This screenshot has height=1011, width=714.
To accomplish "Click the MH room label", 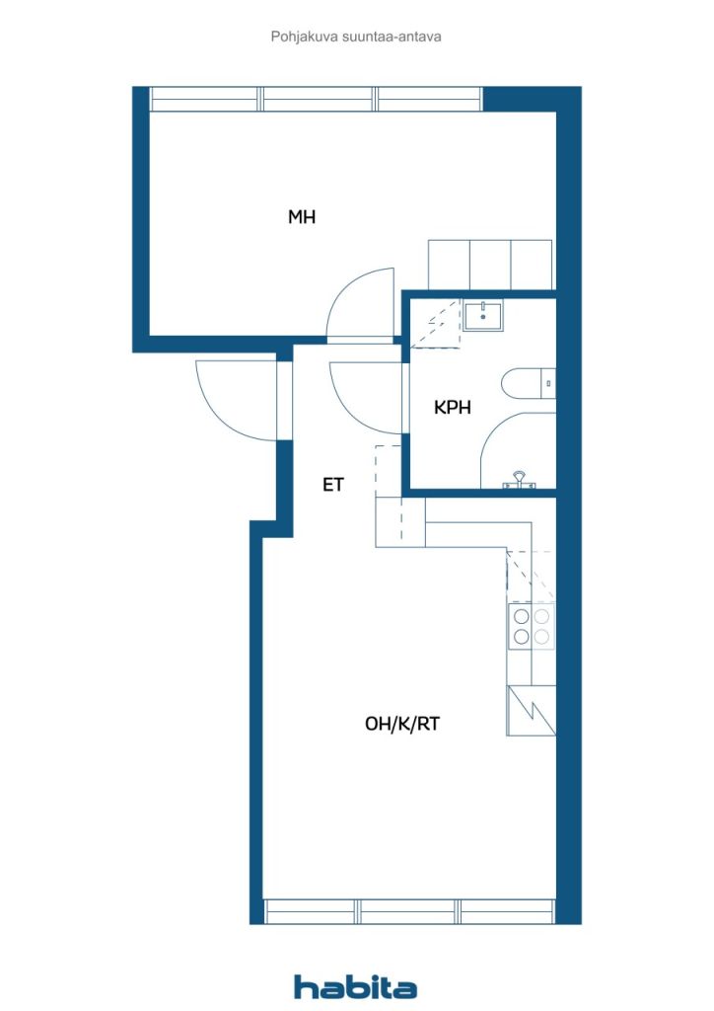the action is tap(302, 216).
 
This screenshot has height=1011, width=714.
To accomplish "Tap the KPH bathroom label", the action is tap(452, 407).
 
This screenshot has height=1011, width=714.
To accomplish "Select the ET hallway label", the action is tap(333, 484).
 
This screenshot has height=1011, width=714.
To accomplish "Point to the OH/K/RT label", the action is tap(402, 724).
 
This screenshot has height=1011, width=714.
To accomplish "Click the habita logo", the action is tap(355, 987).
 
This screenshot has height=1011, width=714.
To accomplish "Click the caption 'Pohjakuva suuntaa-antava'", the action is tap(356, 37).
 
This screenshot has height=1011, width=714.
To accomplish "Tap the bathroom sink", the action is tap(483, 315).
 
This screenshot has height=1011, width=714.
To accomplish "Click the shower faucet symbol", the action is tap(519, 480).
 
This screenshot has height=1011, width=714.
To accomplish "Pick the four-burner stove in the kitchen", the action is tap(532, 627).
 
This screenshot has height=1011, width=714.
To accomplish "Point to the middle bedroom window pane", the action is tap(319, 100).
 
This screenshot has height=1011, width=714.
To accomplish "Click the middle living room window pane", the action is tap(408, 911).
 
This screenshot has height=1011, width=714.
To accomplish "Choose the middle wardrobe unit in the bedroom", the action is tap(490, 265).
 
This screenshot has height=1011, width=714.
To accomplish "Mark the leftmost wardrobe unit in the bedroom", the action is tap(450, 265).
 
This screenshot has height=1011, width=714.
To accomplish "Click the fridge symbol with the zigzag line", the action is tap(532, 711).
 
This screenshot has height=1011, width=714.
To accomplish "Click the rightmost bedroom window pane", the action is tap(429, 100).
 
